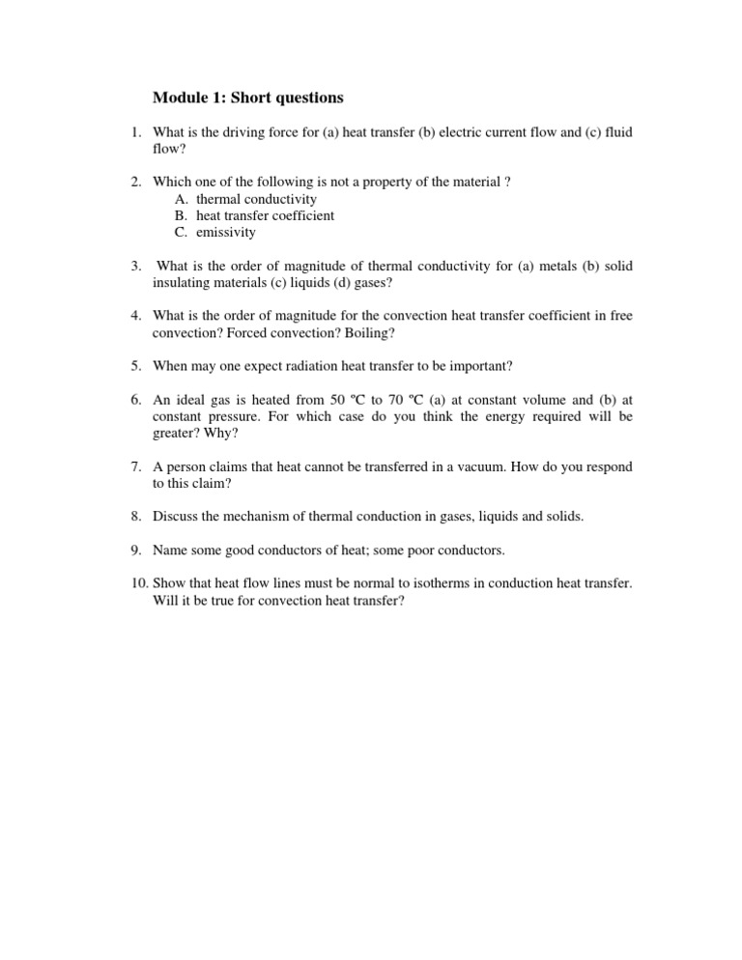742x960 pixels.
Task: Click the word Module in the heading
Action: (x=180, y=98)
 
